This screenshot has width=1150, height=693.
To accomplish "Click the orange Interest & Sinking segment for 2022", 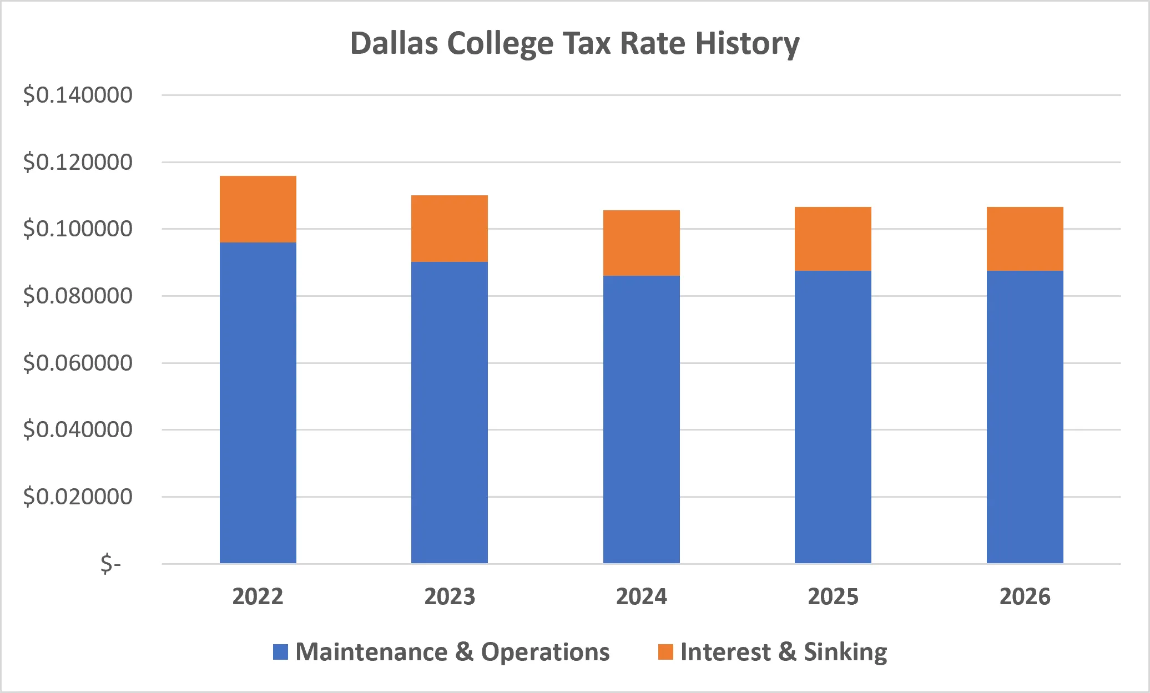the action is pos(258,209).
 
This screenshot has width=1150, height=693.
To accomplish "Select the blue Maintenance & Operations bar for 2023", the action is pos(450,413).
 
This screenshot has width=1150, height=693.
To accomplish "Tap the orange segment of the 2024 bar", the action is pos(642,243).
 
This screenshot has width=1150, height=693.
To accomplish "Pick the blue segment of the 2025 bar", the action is pos(833,417).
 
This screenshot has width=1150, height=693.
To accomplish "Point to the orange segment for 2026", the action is pos(1025,239).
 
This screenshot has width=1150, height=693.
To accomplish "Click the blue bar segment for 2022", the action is pos(258,403).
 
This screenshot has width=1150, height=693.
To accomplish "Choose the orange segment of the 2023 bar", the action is pos(450,229).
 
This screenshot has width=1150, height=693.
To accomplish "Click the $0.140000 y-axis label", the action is pos(78,95).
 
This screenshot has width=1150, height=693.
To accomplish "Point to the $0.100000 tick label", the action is pos(78,229).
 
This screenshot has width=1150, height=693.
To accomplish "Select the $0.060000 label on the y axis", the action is pos(78,363).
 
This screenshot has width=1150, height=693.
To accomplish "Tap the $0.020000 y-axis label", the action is pos(78,497).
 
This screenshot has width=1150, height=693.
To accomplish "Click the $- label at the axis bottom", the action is pos(110,564).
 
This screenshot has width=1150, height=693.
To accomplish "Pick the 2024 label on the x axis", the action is pos(642,597).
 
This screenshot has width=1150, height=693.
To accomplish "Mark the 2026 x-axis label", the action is pos(1025,597).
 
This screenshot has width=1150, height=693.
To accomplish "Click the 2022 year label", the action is pos(258,597).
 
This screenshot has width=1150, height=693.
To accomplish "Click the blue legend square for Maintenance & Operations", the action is pos(281,652).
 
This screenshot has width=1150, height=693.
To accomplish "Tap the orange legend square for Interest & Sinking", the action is pos(666,652).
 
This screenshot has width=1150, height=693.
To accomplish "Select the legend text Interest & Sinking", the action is pos(784,652).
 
